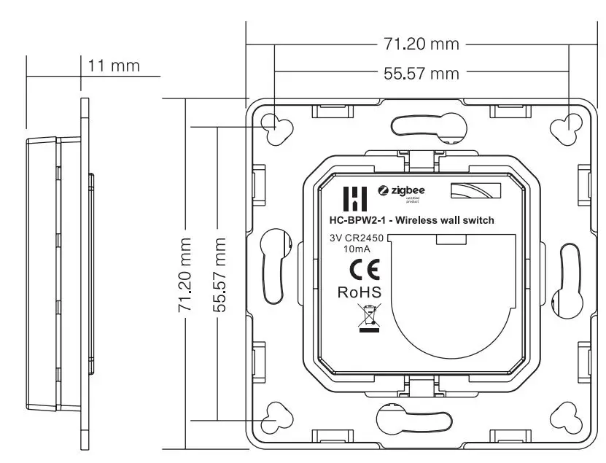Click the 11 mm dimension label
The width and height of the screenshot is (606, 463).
click(113, 66)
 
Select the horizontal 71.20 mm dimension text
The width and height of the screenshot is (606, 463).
click(422, 44)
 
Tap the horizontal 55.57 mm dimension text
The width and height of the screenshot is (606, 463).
click(422, 74)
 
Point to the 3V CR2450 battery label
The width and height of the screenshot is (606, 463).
click(357, 238)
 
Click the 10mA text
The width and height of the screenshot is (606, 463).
click(357, 249)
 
